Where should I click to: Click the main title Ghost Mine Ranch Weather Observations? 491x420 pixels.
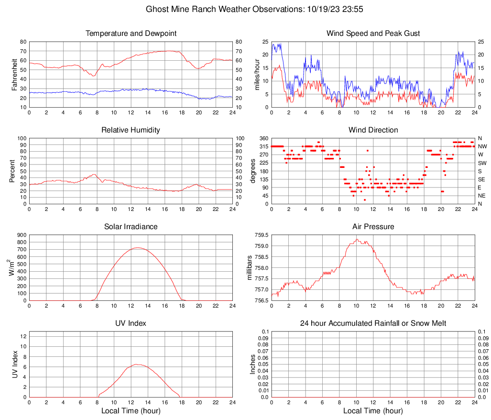(x=245, y=9)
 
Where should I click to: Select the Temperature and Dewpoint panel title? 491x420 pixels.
(x=131, y=33)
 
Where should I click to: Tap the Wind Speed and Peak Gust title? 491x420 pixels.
(x=373, y=33)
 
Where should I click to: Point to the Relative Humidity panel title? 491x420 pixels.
(x=131, y=130)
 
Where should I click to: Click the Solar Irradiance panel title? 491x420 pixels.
(x=131, y=227)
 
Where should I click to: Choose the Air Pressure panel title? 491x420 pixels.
(x=373, y=227)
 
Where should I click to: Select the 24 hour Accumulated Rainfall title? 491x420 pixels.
(x=373, y=324)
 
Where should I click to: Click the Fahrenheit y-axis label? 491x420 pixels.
(x=15, y=74)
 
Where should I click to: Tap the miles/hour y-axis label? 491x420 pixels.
(x=257, y=74)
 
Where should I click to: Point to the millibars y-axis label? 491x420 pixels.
(x=250, y=268)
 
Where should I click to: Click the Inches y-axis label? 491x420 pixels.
(x=253, y=364)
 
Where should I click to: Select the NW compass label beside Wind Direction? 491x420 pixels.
(x=482, y=146)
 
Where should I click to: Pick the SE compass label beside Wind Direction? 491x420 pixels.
(x=482, y=179)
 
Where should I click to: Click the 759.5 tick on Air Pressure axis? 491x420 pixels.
(x=262, y=235)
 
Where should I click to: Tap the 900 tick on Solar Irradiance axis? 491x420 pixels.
(x=21, y=235)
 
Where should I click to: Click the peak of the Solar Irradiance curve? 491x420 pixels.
(x=138, y=248)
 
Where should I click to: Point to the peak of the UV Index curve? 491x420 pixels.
(x=137, y=365)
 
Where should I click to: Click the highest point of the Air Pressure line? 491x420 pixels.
(x=357, y=239)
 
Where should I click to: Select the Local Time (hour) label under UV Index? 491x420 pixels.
(x=131, y=411)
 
